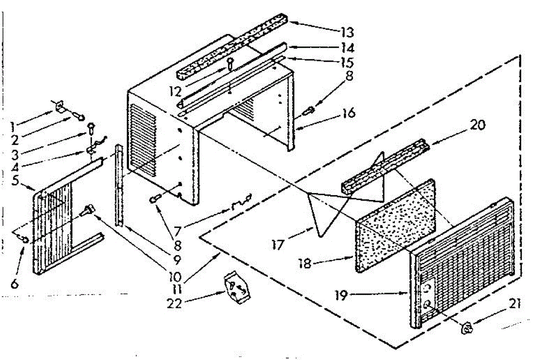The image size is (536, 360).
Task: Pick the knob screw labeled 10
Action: click(91, 209)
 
